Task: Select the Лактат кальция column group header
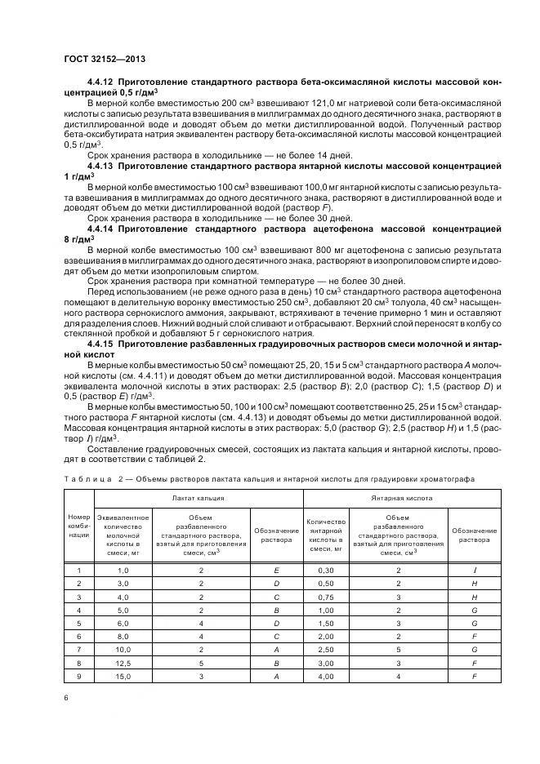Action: coord(199,497)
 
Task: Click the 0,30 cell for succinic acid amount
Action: coord(326,571)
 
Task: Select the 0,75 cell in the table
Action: coord(326,597)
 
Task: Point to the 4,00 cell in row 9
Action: coord(326,677)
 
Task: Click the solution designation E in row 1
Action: coord(277,571)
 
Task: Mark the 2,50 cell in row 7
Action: coord(326,650)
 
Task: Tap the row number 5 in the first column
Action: coord(78,624)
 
